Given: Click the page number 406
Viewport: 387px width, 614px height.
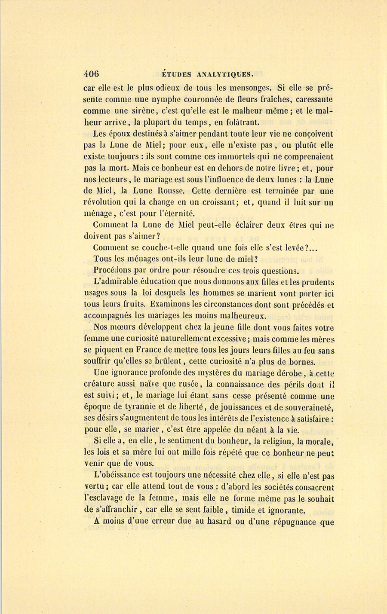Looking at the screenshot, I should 92,73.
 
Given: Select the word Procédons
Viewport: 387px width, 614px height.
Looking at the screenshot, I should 112,271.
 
